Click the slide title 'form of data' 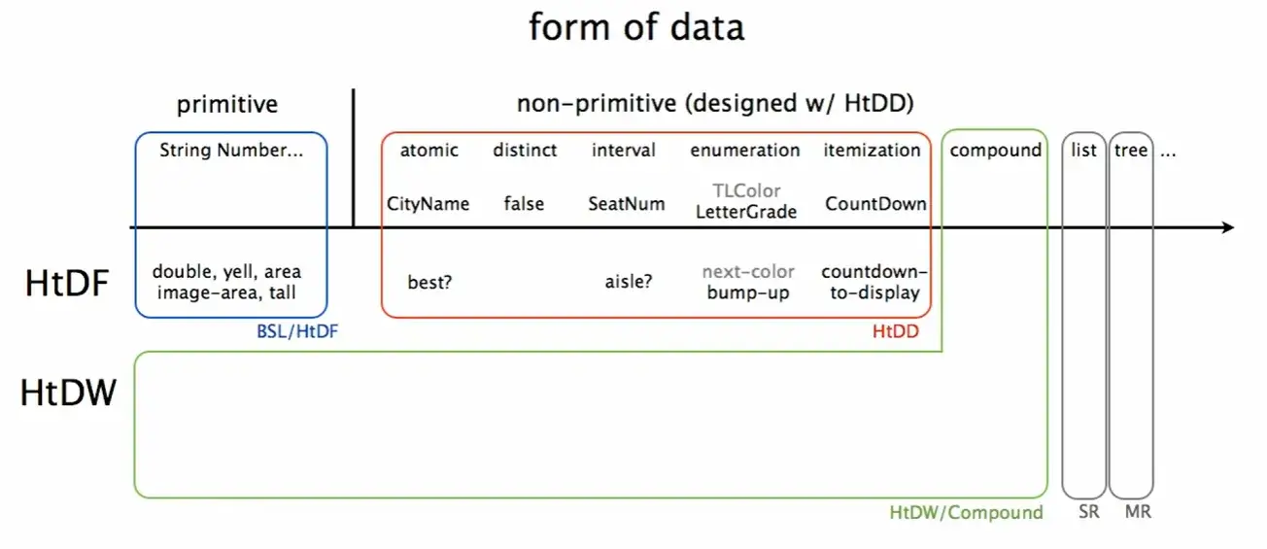point(636,27)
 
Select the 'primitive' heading point(227,105)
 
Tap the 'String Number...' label point(231,151)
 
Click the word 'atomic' point(428,151)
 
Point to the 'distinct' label point(525,151)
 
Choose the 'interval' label point(623,151)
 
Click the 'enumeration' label point(745,151)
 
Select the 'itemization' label point(872,151)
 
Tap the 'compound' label point(995,151)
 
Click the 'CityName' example point(428,204)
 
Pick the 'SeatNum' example point(627,204)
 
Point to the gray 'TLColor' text point(745,191)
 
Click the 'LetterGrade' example point(745,212)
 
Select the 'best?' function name point(429,282)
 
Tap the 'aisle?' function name point(628,282)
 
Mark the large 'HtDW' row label point(69,394)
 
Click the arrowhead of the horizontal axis point(1227,227)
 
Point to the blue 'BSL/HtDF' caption point(290,332)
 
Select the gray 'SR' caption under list point(1088,512)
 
